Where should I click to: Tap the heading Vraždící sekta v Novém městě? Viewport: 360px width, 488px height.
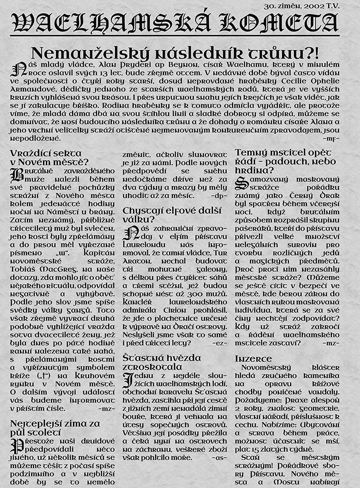pyautogui.click(x=49, y=157)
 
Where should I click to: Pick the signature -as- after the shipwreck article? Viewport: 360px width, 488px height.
pyautogui.click(x=220, y=458)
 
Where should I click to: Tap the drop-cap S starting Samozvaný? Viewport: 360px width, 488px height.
pyautogui.click(x=241, y=183)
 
